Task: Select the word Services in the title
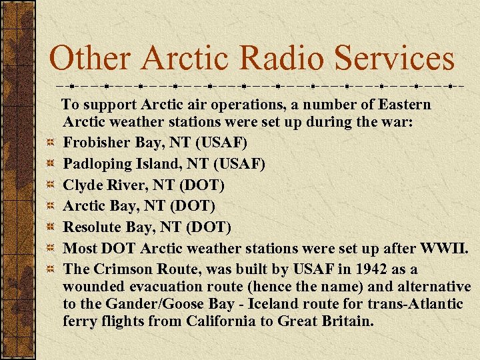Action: point(395,58)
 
